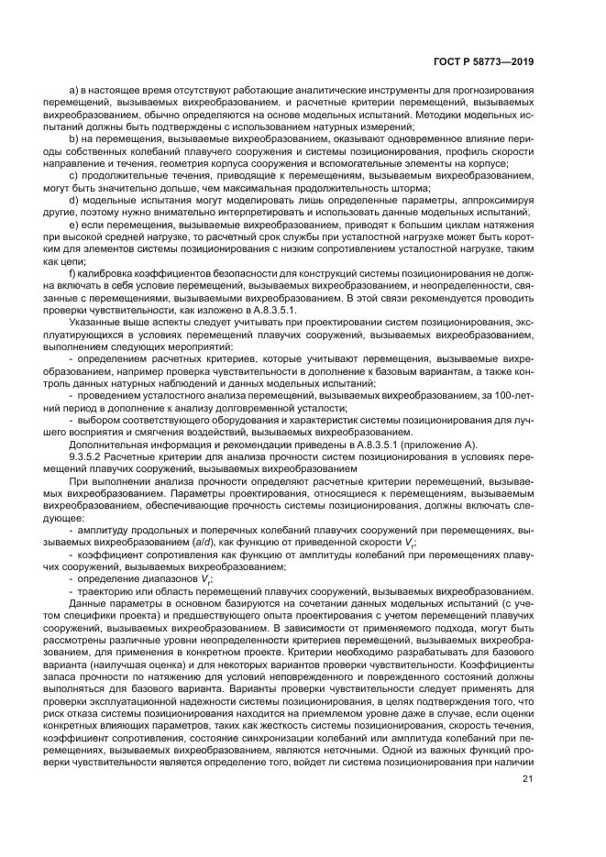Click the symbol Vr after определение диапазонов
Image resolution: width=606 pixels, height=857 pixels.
click(207, 580)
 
